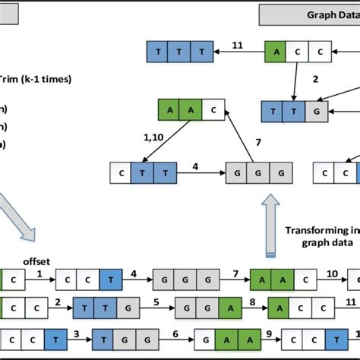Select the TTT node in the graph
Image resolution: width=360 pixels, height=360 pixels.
tap(178, 52)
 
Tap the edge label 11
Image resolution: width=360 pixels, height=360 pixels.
tap(237, 45)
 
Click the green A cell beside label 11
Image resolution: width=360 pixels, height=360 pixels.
tap(276, 52)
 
